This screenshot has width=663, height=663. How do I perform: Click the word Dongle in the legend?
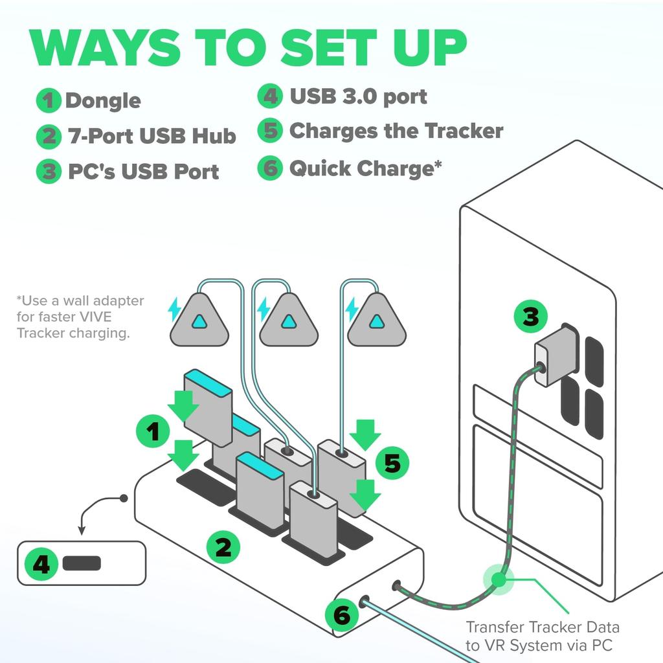pyautogui.click(x=103, y=101)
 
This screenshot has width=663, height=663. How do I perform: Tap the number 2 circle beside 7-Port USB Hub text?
pyautogui.click(x=48, y=137)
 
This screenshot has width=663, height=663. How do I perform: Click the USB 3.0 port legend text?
pyautogui.click(x=358, y=97)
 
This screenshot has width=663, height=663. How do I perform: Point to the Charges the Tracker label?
pyautogui.click(x=396, y=131)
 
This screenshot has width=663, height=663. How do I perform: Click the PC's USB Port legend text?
pyautogui.click(x=143, y=172)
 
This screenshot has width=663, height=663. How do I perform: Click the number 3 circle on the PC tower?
pyautogui.click(x=530, y=317)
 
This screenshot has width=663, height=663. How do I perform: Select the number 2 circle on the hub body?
pyautogui.click(x=223, y=548)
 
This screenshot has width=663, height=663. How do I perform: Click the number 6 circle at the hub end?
pyautogui.click(x=341, y=615)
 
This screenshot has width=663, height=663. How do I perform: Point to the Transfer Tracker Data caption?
pyautogui.click(x=543, y=635)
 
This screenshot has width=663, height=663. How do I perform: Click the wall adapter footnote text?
pyautogui.click(x=80, y=317)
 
